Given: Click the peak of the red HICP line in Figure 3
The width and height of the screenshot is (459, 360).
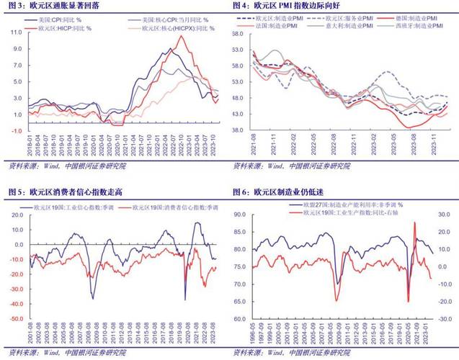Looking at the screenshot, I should point(182,37).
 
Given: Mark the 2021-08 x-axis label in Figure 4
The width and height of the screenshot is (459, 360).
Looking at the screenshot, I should point(254,147).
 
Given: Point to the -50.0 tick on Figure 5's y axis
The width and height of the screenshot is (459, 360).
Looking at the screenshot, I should point(16,318).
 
